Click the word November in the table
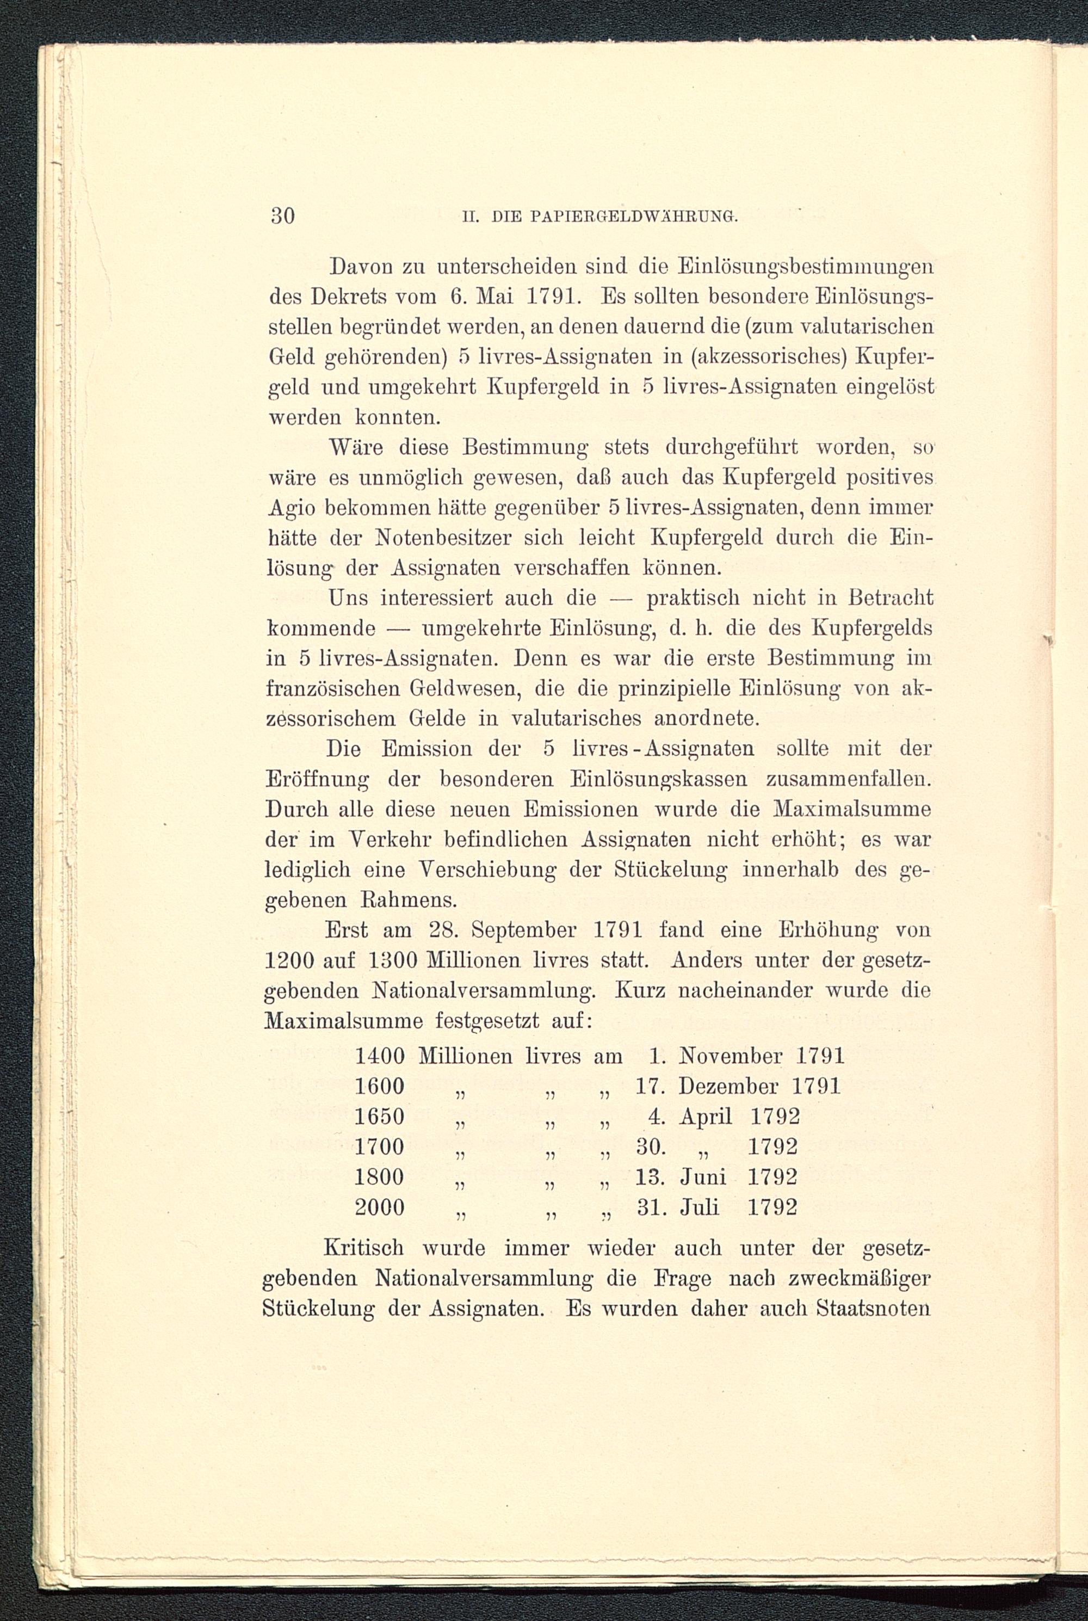pos(731,1056)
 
